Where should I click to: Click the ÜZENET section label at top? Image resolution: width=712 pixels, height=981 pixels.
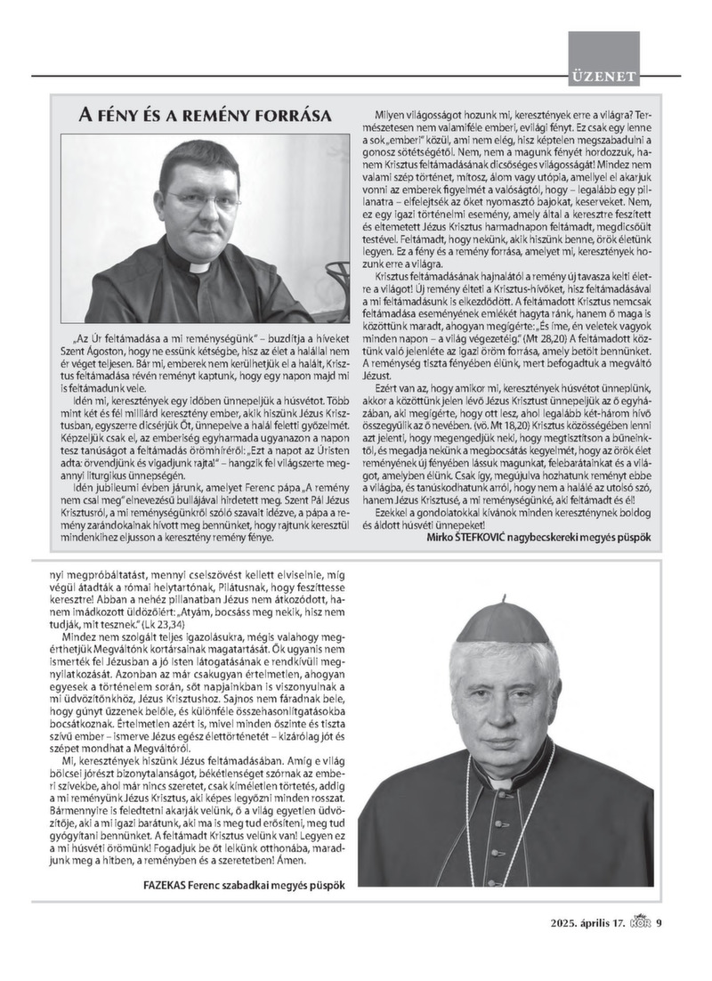pos(604,77)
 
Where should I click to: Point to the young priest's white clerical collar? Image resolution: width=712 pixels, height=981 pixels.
pos(198,266)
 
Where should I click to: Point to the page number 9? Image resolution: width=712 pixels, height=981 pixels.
pos(659,921)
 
